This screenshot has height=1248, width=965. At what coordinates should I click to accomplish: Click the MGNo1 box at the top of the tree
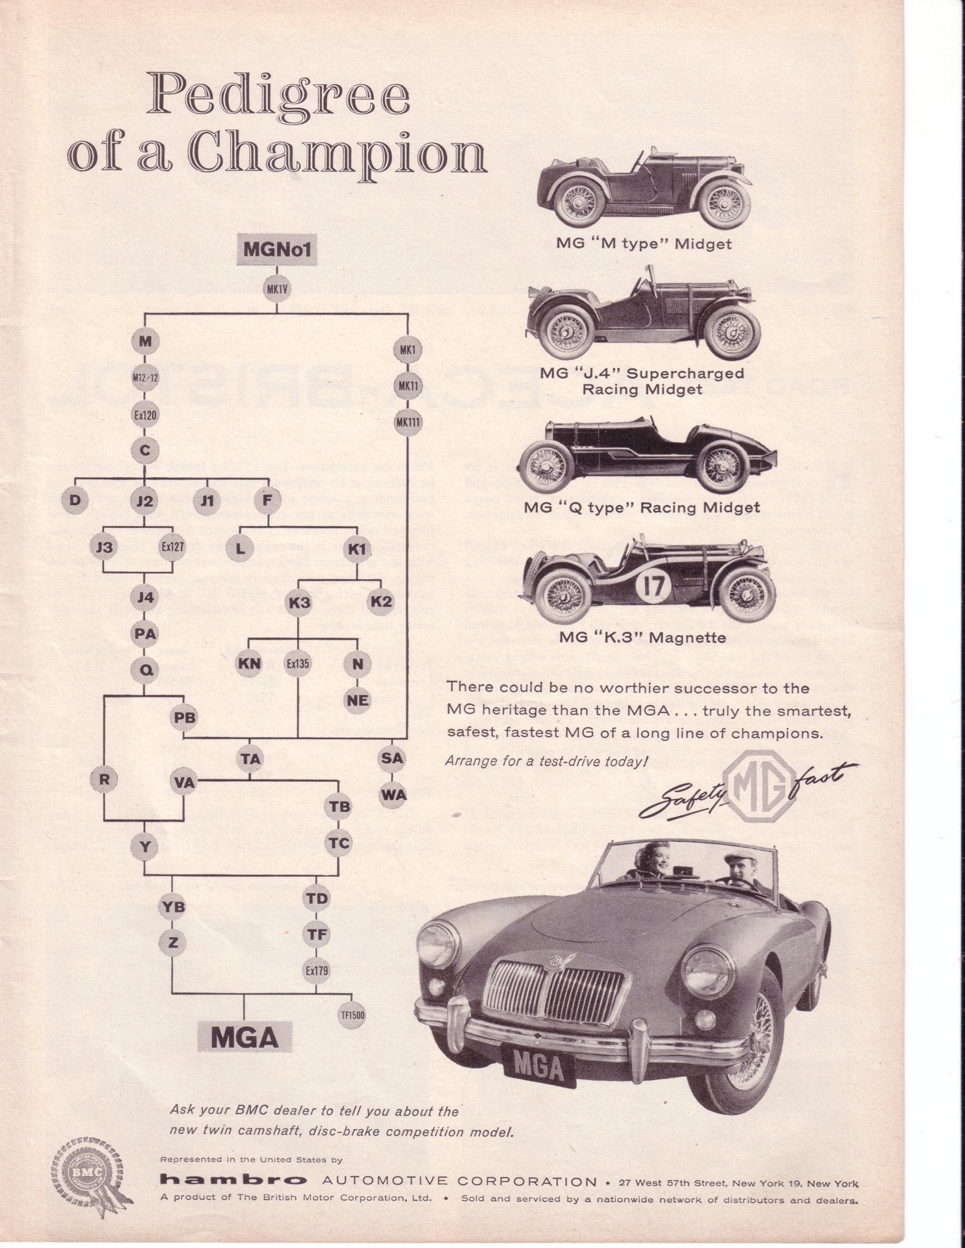277,249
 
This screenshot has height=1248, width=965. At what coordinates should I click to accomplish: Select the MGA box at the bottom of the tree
245,1037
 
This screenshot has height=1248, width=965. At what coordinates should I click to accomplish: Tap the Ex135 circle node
298,664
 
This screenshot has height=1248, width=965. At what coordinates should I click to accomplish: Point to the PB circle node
184,718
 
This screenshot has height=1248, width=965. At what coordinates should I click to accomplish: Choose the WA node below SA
393,794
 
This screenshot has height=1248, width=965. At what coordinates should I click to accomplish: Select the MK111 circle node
408,422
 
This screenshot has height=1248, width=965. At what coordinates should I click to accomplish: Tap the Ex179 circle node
317,970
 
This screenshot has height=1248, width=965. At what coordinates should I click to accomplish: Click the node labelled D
75,500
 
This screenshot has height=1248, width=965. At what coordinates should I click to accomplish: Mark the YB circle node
172,907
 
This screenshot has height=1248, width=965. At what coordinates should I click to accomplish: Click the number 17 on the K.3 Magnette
654,587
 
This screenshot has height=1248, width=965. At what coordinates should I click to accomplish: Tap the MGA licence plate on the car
538,1067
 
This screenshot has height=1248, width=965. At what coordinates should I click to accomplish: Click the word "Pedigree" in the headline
278,97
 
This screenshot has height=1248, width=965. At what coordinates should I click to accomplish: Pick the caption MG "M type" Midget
643,244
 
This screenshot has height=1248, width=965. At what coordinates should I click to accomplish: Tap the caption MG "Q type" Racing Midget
641,508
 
